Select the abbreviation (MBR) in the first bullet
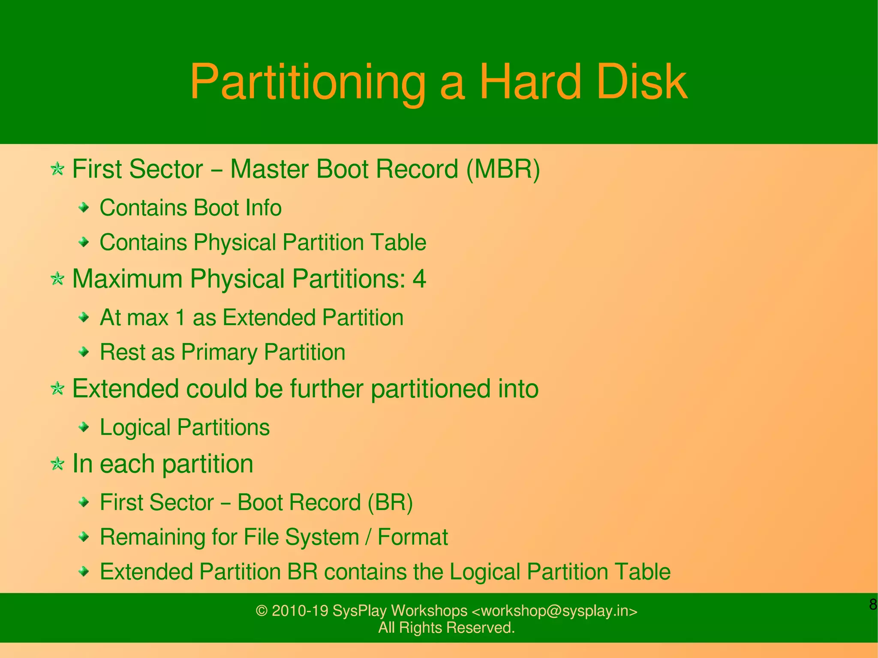[503, 169]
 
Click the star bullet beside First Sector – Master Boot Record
[57, 169]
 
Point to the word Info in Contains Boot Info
[263, 208]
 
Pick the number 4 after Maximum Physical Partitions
[419, 279]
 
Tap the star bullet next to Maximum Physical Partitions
[57, 279]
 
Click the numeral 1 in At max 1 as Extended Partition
[180, 318]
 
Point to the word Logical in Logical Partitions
[135, 428]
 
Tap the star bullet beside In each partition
[57, 463]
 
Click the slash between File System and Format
[368, 537]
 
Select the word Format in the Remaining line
[412, 537]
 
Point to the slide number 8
[873, 604]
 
